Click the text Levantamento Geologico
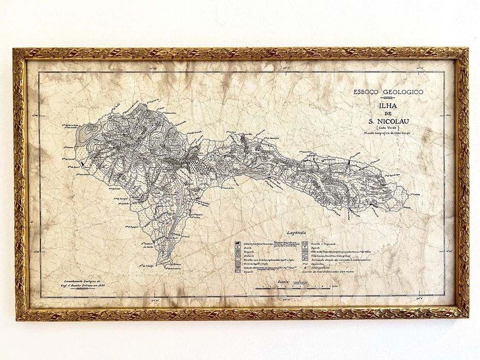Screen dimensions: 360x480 coord(79,281)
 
